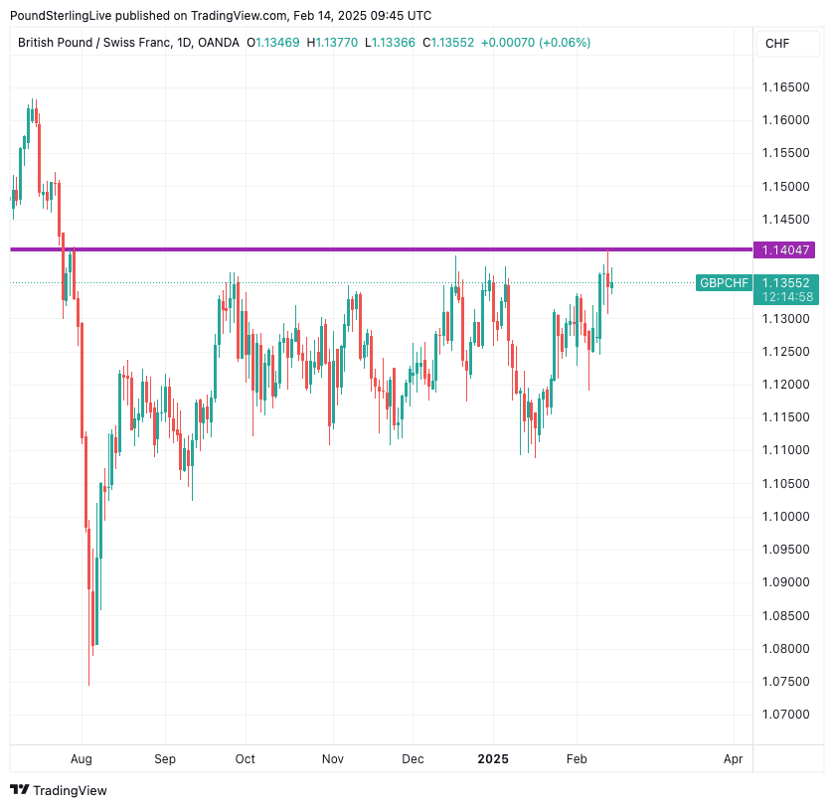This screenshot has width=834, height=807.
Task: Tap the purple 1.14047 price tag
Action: pos(785,249)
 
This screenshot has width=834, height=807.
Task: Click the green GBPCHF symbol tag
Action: pos(724,283)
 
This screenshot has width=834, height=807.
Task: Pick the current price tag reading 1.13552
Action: pos(785,282)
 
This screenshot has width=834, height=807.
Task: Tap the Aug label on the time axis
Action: pos(82,759)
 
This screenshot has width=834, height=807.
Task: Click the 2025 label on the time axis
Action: pos(493,759)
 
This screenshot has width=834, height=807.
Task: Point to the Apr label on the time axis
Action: pos(734,759)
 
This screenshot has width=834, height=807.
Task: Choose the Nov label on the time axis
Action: pos(333,759)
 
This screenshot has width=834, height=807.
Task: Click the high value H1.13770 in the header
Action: pos(335,43)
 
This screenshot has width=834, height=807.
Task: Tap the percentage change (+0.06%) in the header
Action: pos(565,43)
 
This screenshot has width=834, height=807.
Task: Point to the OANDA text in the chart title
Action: pos(219,43)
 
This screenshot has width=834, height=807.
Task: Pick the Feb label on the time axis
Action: pos(577,759)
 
